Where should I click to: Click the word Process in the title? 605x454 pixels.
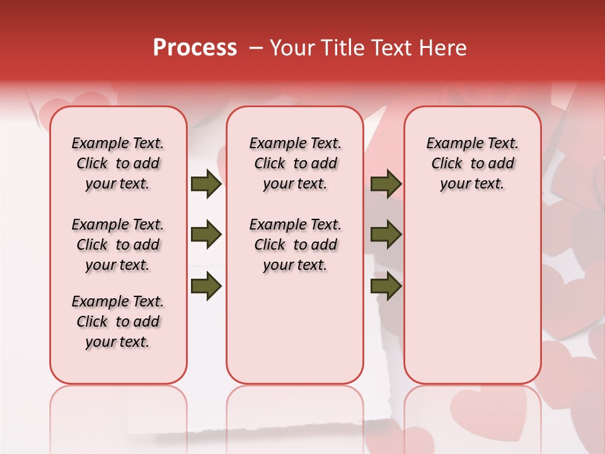(x=195, y=48)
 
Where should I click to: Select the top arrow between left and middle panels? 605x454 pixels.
(x=206, y=184)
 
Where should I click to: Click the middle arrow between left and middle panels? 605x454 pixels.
(x=206, y=235)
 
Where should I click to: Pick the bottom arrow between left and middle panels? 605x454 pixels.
(x=206, y=286)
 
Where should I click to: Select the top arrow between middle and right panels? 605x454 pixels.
(x=386, y=184)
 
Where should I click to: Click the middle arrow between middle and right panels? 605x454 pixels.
(x=386, y=235)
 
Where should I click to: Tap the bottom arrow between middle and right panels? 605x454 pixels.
(x=386, y=286)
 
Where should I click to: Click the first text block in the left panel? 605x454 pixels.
(x=118, y=163)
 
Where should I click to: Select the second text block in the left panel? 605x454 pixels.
(x=118, y=245)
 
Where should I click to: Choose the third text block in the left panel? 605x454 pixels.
(x=118, y=322)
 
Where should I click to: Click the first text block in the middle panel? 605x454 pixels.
(x=295, y=163)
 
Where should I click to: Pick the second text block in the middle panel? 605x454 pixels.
(x=295, y=245)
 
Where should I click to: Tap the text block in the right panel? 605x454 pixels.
(x=472, y=163)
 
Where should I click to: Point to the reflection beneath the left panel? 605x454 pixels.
(x=118, y=410)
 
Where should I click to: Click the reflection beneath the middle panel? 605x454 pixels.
(x=295, y=410)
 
